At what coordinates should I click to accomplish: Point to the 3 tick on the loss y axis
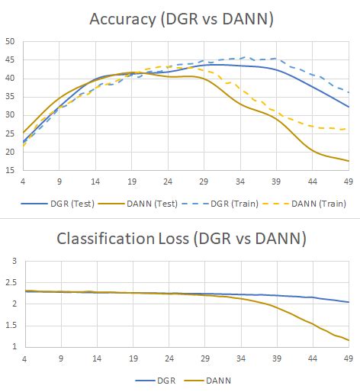11,261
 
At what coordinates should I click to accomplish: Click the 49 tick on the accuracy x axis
348,183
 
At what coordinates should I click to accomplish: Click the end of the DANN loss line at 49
349,340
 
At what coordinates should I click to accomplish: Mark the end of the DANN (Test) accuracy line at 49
349,161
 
